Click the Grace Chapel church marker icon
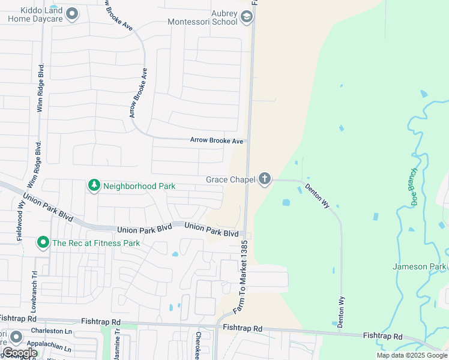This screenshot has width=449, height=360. pyautogui.click(x=264, y=179)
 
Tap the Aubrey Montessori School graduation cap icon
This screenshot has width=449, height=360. pyautogui.click(x=246, y=17)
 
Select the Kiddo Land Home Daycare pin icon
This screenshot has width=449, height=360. pyautogui.click(x=72, y=13)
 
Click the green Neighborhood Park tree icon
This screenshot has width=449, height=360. pyautogui.click(x=94, y=186)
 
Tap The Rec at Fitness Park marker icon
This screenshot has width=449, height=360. pyautogui.click(x=43, y=243)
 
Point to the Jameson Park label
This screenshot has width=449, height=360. pyautogui.click(x=420, y=266)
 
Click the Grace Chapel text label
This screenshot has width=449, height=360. pyautogui.click(x=230, y=179)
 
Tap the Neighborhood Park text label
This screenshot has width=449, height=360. pyautogui.click(x=139, y=186)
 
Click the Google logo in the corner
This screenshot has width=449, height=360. pyautogui.click(x=20, y=353)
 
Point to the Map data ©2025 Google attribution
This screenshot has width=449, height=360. pyautogui.click(x=411, y=355)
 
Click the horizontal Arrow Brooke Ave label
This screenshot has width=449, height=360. pyautogui.click(x=216, y=140)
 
